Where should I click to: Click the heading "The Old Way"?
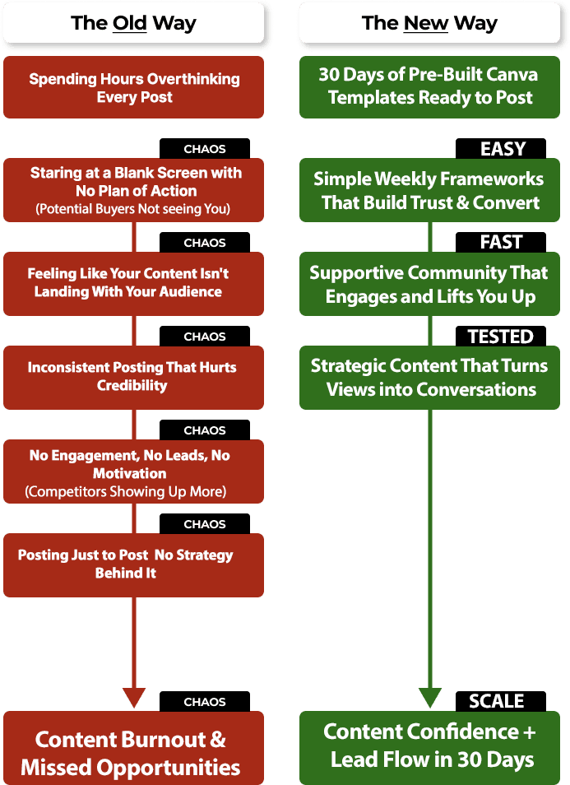click(x=133, y=23)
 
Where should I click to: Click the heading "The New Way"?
click(x=429, y=23)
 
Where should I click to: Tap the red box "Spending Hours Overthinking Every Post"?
click(x=133, y=88)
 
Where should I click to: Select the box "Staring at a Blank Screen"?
click(x=133, y=181)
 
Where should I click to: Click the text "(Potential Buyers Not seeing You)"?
click(x=133, y=209)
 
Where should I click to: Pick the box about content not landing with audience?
click(x=133, y=282)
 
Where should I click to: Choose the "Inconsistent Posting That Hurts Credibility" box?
click(x=133, y=376)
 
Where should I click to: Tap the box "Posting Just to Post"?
click(x=133, y=564)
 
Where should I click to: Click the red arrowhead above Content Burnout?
click(x=133, y=697)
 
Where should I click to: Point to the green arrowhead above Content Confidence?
click(x=429, y=697)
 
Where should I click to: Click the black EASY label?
click(x=503, y=149)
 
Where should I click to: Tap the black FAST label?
click(x=501, y=243)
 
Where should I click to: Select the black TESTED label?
click(x=501, y=337)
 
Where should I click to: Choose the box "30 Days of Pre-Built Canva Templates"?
click(x=430, y=86)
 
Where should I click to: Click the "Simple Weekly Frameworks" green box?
click(x=429, y=190)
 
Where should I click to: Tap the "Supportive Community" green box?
click(x=429, y=284)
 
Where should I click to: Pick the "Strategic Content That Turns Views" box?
click(x=429, y=377)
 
